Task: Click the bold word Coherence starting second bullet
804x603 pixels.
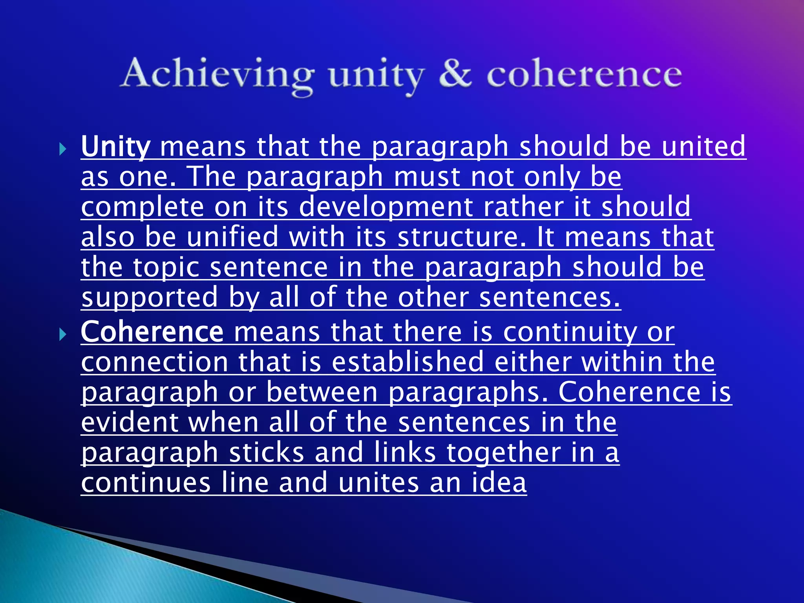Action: [152, 332]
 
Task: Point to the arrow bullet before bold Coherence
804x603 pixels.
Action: [63, 334]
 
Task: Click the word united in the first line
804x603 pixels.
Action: [703, 146]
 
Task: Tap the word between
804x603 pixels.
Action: [322, 392]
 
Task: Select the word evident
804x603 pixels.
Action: [130, 422]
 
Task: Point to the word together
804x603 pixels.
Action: [504, 453]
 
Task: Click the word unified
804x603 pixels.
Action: [232, 237]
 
